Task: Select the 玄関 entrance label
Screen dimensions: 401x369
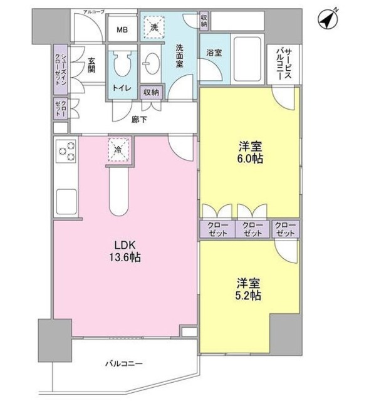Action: pos(91,66)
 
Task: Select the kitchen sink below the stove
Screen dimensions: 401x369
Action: pos(66,201)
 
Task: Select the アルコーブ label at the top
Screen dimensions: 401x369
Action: pos(94,12)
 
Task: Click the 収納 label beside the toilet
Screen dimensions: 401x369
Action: pos(150,92)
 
